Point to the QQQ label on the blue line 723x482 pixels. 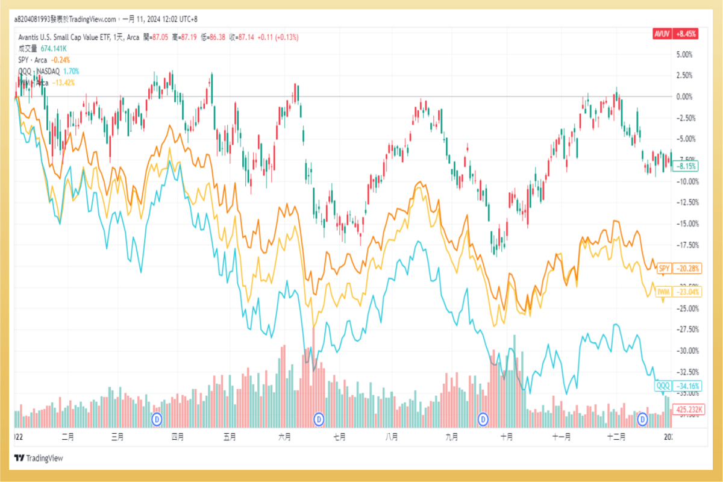pos(663,386)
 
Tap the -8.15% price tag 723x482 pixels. pos(687,166)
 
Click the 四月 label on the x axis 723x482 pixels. pos(177,436)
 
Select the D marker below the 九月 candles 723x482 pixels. pos(483,418)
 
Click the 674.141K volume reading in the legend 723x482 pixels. pos(54,48)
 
